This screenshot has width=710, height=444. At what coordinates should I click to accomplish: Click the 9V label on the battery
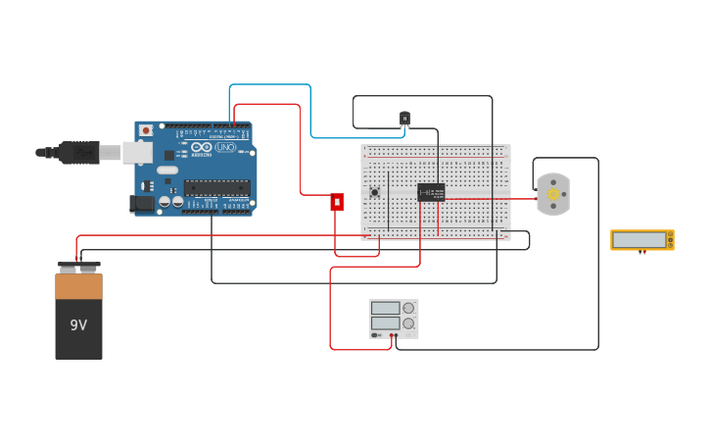[x=78, y=324]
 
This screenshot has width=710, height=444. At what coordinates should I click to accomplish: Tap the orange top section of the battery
[x=78, y=285]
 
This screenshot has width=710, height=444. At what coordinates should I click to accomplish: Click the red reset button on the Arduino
[x=146, y=130]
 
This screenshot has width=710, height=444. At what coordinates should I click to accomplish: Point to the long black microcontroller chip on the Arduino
[x=216, y=187]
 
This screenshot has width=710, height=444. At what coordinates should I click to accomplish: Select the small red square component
[x=337, y=202]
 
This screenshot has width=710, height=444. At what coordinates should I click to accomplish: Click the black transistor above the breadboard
[x=404, y=119]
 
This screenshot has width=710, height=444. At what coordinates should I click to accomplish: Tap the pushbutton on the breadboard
[x=374, y=192]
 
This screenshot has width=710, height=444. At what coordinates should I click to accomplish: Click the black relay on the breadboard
[x=431, y=192]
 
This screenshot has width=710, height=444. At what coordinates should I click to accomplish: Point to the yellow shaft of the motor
[x=553, y=194]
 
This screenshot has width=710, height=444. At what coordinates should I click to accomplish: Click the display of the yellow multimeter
[x=639, y=239]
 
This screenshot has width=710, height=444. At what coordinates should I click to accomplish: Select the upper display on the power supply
[x=385, y=308]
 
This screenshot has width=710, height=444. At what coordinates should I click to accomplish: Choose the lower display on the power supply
[x=385, y=322]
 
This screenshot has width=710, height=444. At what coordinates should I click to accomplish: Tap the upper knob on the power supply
[x=408, y=308]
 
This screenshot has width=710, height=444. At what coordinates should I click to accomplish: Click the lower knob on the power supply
[x=408, y=322]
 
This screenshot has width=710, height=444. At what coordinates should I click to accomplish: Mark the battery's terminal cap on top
[x=78, y=266]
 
